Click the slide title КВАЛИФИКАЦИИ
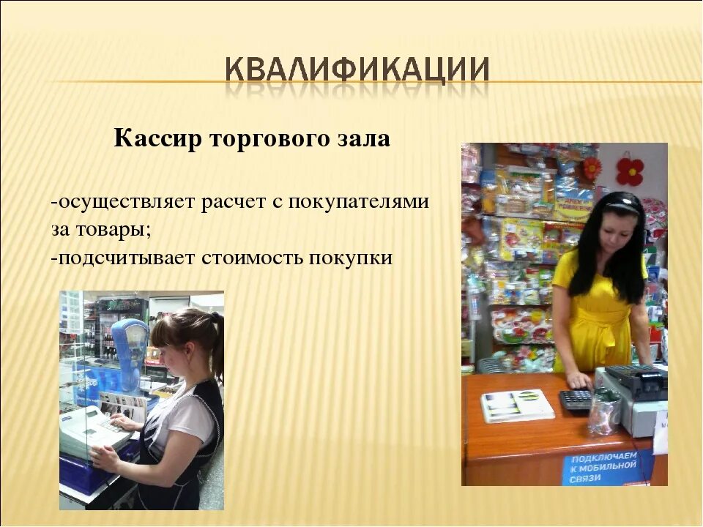357,70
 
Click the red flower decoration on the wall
629,171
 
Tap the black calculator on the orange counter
576,400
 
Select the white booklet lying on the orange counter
516,405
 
